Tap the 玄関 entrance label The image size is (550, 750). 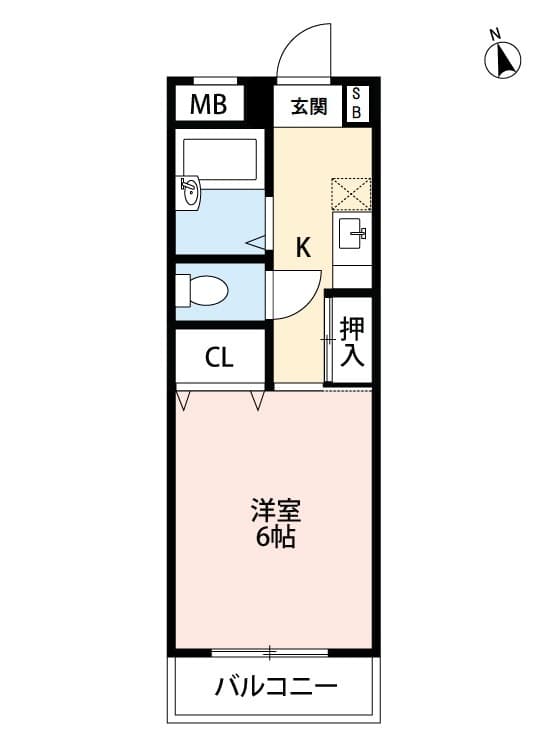tap(310, 106)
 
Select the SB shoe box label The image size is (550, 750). tap(357, 104)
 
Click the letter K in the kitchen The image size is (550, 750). tap(303, 247)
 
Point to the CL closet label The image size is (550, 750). tap(219, 357)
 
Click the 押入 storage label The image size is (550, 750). tap(351, 342)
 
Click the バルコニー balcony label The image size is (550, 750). tap(276, 688)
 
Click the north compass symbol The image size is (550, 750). tap(503, 63)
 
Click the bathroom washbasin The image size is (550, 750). tap(190, 193)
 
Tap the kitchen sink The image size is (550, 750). tap(352, 236)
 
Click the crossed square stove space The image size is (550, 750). tap(351, 193)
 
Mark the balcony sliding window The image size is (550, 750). tap(270, 653)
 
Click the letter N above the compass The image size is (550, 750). tap(495, 36)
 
